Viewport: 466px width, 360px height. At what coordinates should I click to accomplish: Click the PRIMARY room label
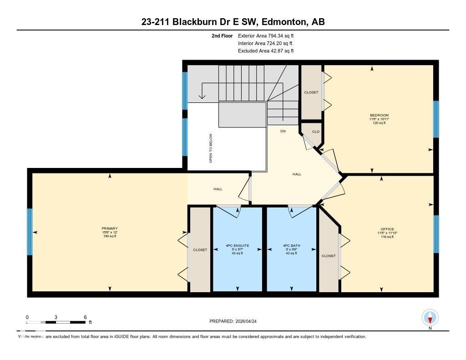(x=110, y=228)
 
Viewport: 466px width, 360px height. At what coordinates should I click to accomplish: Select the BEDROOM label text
(x=379, y=115)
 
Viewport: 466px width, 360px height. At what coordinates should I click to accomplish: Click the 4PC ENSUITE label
(x=237, y=246)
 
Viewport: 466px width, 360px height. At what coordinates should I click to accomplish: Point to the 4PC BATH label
(x=289, y=246)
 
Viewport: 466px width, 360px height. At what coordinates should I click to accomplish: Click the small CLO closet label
(x=315, y=132)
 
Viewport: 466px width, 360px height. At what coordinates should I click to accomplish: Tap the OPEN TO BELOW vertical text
(x=211, y=148)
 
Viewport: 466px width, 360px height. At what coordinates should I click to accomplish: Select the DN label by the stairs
(x=283, y=131)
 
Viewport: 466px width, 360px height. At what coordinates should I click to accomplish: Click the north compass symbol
(x=430, y=317)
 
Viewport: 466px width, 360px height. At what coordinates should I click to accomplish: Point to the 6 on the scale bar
(x=85, y=317)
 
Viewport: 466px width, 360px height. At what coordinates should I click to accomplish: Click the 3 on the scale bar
(x=56, y=317)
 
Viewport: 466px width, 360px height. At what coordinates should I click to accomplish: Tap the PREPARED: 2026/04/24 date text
(x=236, y=321)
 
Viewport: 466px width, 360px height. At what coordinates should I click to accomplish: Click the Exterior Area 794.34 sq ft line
(x=266, y=35)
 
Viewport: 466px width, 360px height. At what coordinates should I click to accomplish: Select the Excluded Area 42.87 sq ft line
(x=266, y=51)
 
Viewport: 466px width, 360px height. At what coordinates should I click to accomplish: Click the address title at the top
(x=233, y=22)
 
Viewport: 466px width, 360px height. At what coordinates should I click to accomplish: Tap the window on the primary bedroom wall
(x=30, y=232)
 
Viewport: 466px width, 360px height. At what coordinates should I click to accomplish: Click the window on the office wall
(x=436, y=234)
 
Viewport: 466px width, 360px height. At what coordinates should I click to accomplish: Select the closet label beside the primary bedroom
(x=200, y=250)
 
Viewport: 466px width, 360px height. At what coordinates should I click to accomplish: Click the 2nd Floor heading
(x=222, y=35)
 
